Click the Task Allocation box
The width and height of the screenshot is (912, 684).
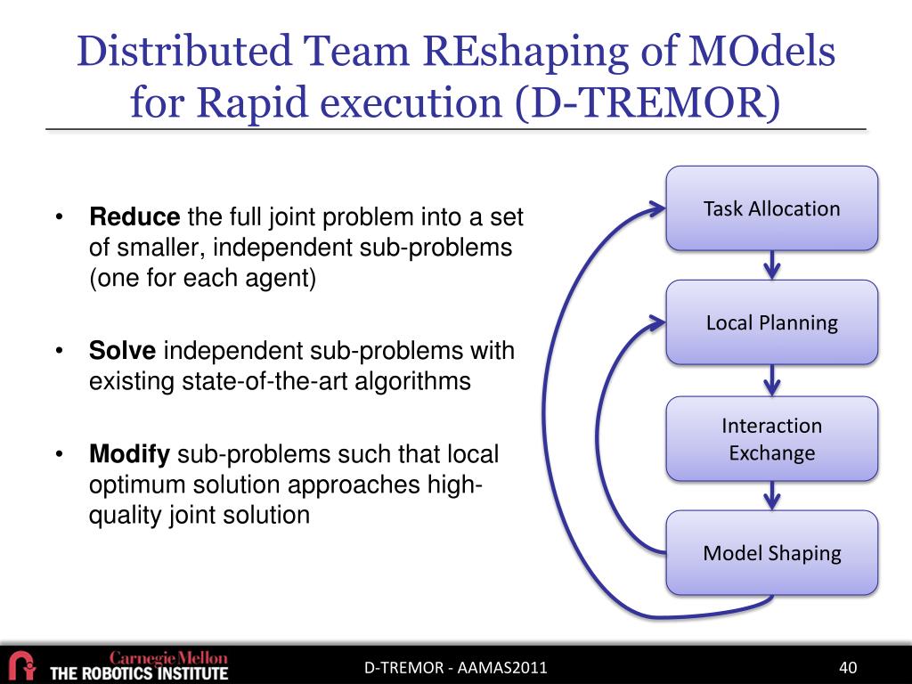pyautogui.click(x=771, y=208)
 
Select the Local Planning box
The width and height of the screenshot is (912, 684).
pyautogui.click(x=771, y=322)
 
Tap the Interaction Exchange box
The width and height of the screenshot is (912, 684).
pyautogui.click(x=771, y=439)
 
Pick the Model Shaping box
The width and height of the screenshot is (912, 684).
pyautogui.click(x=771, y=553)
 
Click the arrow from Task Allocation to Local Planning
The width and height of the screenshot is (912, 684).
pyautogui.click(x=772, y=265)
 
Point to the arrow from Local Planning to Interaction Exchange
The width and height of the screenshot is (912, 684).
pyautogui.click(x=772, y=380)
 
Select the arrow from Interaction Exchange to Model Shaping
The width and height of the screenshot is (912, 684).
pyautogui.click(x=772, y=495)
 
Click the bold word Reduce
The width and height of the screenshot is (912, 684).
pyautogui.click(x=134, y=216)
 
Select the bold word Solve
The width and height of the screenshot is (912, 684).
pyautogui.click(x=122, y=351)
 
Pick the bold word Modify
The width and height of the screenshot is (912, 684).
pyautogui.click(x=129, y=455)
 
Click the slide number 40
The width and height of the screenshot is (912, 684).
pyautogui.click(x=847, y=668)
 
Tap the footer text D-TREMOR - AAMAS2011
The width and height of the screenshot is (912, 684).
pyautogui.click(x=455, y=668)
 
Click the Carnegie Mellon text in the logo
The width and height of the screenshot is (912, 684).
pyautogui.click(x=168, y=657)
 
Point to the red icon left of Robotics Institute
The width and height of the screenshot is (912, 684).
pyautogui.click(x=20, y=665)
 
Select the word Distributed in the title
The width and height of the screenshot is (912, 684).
pyautogui.click(x=184, y=51)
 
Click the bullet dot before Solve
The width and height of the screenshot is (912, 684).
pyautogui.click(x=59, y=351)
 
